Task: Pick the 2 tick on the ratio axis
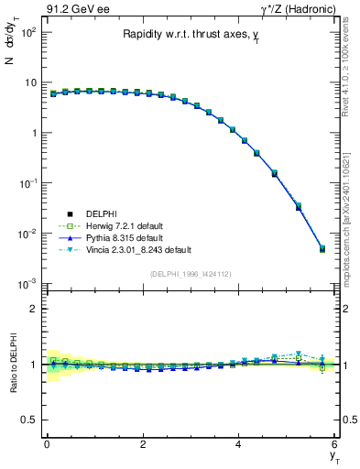point(32,309)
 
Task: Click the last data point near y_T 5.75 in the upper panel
point(322,248)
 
